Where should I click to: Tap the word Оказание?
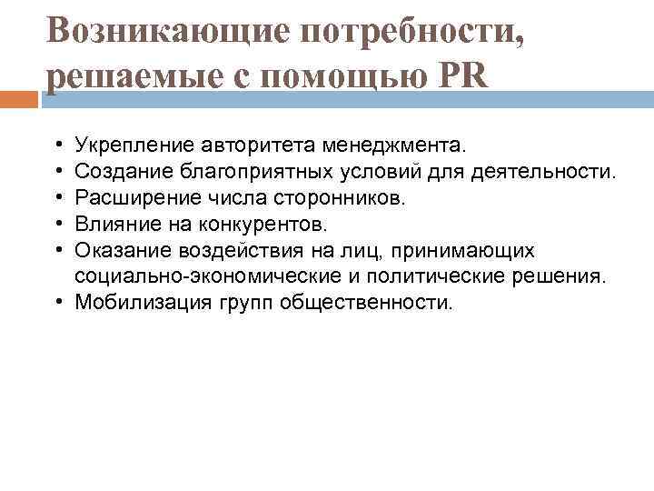point(121,249)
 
